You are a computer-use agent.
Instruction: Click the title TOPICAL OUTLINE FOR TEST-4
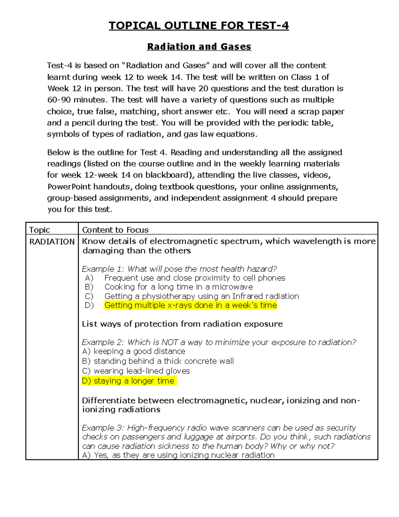pos(199,26)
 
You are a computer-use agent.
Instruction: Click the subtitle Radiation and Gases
pos(199,47)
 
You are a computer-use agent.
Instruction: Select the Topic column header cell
pos(40,230)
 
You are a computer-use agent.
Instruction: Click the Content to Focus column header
pos(115,230)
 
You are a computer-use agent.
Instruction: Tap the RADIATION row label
pos(52,242)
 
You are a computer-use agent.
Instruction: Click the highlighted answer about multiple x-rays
pos(191,305)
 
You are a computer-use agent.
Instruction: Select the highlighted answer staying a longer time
pos(129,381)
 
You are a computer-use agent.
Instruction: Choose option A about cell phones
pos(195,278)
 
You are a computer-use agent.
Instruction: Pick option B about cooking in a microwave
pos(179,287)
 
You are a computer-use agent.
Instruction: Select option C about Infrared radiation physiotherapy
pos(201,296)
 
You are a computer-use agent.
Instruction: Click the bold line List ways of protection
pos(182,324)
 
